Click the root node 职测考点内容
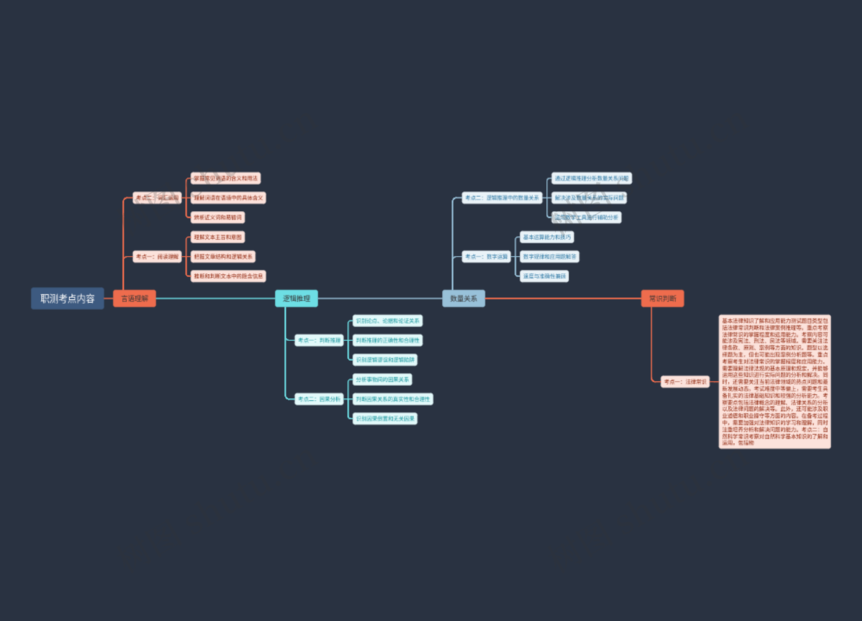(67, 299)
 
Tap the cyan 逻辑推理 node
(296, 299)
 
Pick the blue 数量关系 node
(463, 299)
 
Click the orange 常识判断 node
(662, 299)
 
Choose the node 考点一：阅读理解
(157, 257)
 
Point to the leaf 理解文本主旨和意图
(218, 237)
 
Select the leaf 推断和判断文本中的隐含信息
(228, 276)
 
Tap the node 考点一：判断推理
(319, 340)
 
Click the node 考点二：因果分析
(319, 399)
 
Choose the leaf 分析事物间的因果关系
(382, 379)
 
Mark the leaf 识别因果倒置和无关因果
(385, 419)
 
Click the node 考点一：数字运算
(486, 257)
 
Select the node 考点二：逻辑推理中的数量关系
(502, 198)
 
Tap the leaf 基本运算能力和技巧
(546, 237)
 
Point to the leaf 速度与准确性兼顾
(544, 276)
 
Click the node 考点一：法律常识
(685, 381)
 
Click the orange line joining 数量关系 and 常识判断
(563, 299)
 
